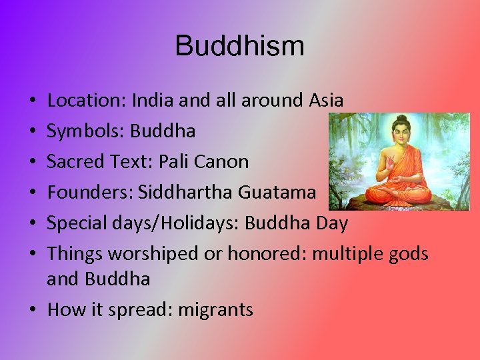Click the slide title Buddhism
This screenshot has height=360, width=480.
240,46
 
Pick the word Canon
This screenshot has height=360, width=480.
227,161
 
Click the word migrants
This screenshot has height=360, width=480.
215,309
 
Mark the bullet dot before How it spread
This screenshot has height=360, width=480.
33,310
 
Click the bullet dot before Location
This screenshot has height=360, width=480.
33,101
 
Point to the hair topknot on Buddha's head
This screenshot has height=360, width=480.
400,119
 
